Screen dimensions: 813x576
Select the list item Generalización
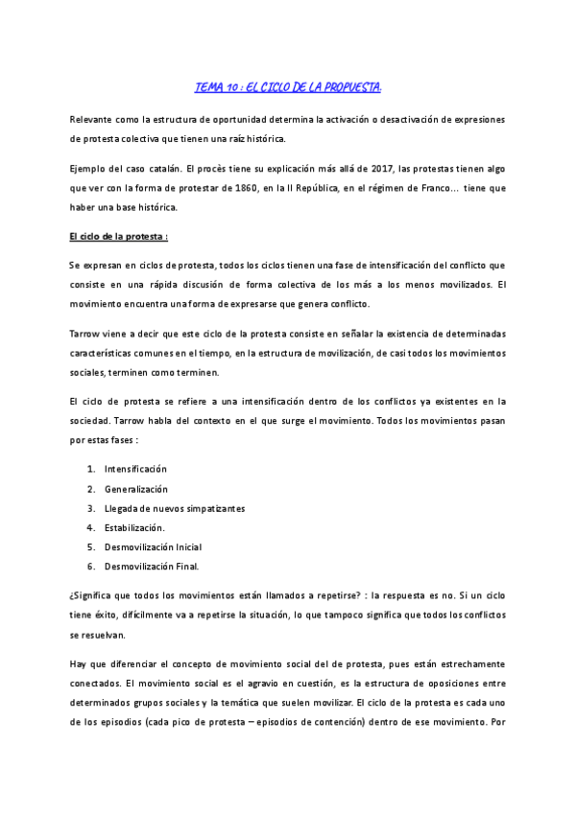pos(142,489)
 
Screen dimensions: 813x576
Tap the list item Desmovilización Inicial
pos(153,546)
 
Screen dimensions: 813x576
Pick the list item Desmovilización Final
pos(152,566)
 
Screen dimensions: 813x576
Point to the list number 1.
pos(90,469)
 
